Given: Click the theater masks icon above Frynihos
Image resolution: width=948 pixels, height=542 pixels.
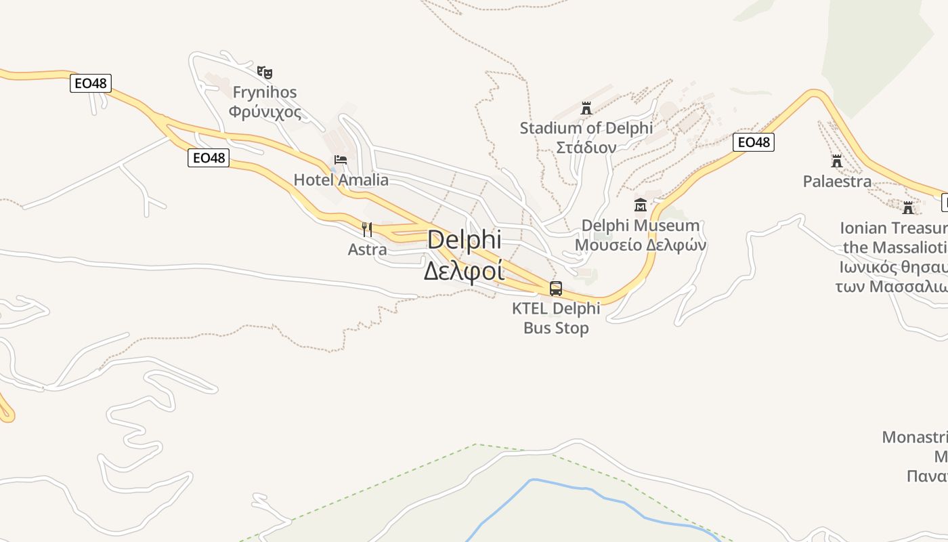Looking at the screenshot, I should (x=265, y=71).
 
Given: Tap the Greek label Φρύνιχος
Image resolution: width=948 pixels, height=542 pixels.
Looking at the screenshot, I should (x=265, y=111).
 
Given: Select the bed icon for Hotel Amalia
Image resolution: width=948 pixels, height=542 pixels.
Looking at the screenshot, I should (x=341, y=160).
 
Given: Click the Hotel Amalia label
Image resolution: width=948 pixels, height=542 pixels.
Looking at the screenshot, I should (x=341, y=180).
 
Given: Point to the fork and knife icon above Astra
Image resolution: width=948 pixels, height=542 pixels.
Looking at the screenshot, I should (x=367, y=229).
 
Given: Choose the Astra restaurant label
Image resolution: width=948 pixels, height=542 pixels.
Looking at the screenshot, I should (x=367, y=249).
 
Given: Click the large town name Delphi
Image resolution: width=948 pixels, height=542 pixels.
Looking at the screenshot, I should (x=465, y=240).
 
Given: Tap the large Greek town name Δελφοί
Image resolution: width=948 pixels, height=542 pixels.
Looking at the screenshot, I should (x=465, y=270).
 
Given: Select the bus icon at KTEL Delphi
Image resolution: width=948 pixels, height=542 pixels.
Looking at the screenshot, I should (x=556, y=289).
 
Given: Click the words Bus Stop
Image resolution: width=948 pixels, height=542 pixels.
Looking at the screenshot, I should (x=556, y=328).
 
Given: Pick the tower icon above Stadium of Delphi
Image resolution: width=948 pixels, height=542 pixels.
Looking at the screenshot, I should (x=586, y=108).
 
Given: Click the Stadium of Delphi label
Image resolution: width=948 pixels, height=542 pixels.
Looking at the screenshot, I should (x=586, y=127).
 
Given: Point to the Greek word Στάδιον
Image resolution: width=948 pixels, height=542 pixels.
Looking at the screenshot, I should (x=586, y=147).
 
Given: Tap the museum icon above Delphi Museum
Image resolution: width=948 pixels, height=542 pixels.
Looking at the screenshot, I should (x=641, y=205).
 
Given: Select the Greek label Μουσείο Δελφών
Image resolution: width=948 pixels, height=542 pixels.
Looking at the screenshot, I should (x=641, y=245).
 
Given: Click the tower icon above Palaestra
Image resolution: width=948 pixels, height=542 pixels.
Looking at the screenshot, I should (x=837, y=161).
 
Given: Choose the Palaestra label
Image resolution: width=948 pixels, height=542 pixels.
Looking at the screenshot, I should (x=837, y=181).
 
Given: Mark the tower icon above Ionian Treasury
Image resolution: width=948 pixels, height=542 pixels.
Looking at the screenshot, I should (x=908, y=207).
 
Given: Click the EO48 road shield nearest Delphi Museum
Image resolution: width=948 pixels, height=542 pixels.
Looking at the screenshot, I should (x=754, y=142).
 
